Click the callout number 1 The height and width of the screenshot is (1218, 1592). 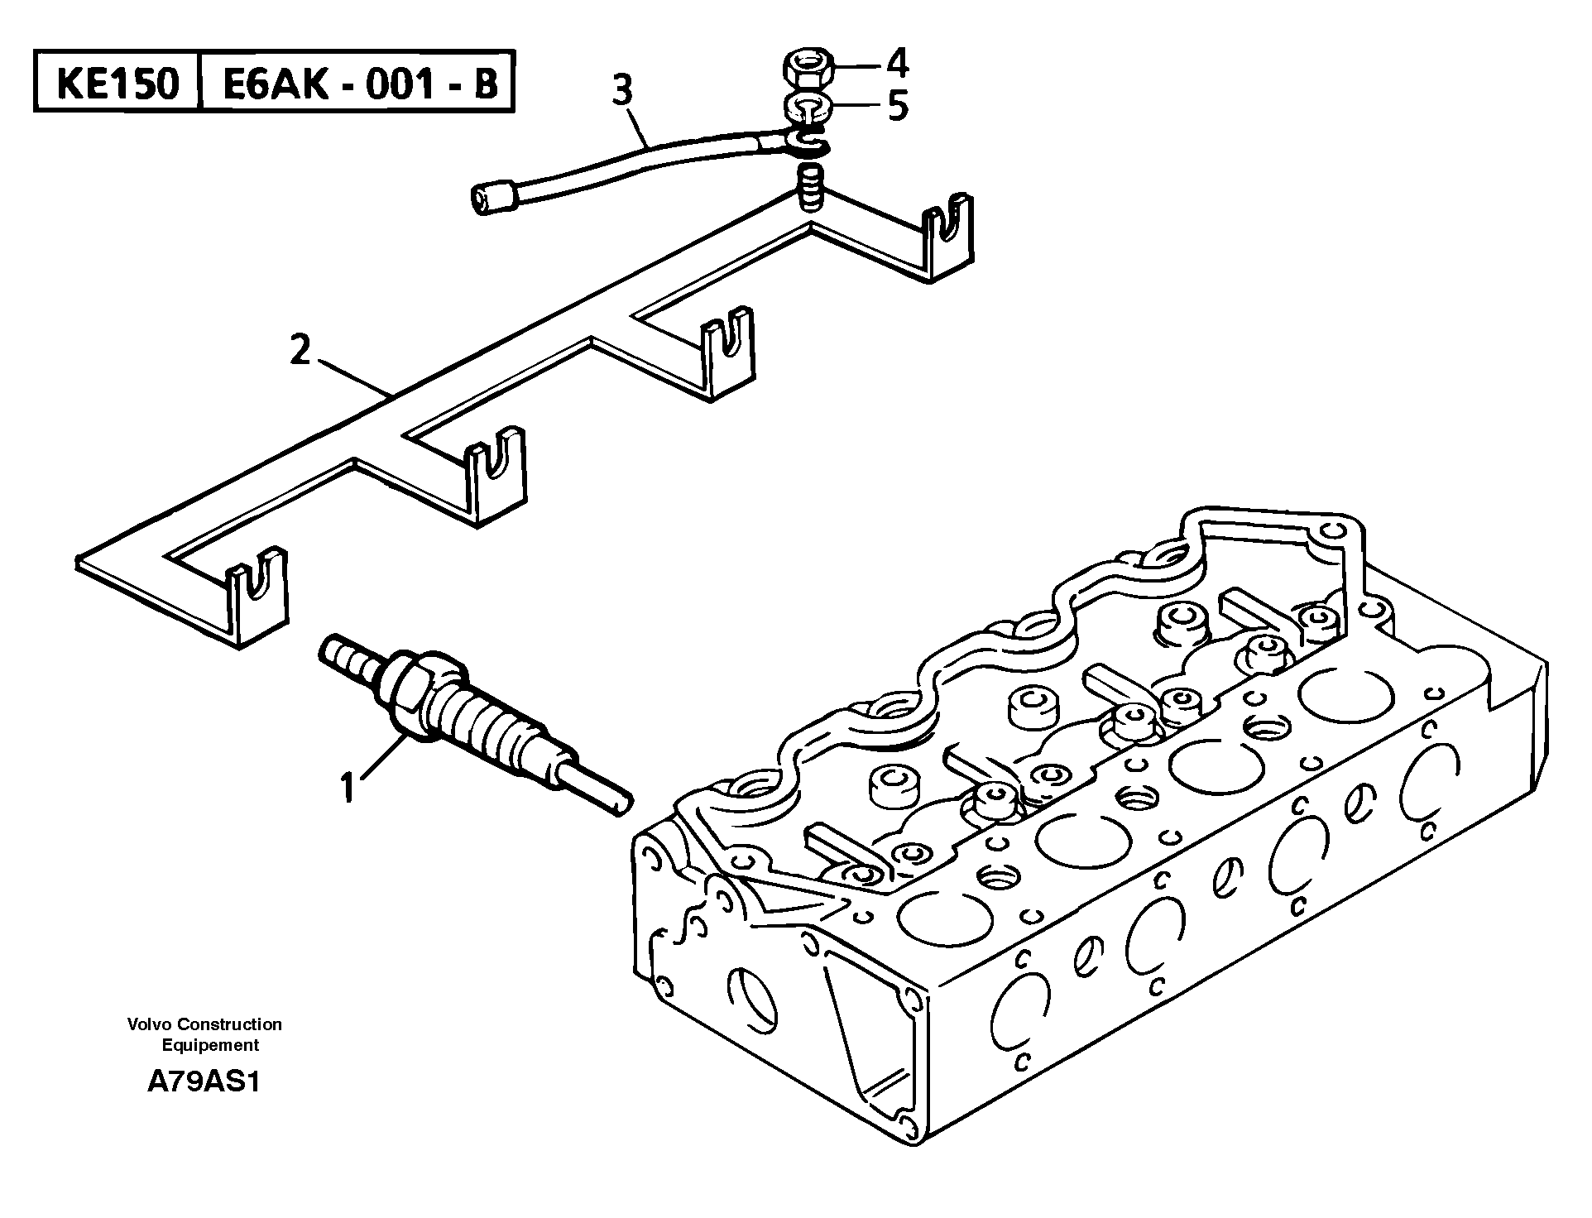(x=348, y=787)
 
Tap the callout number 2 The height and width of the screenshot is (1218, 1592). (x=300, y=351)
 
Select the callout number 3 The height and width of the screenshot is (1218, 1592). (x=622, y=90)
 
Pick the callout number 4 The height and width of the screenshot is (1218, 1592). (x=897, y=63)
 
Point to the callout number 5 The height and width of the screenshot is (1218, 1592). (x=898, y=107)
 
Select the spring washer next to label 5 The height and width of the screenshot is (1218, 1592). (x=803, y=108)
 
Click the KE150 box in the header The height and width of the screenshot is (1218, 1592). (x=117, y=84)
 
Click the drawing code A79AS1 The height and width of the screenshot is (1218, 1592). (x=203, y=1082)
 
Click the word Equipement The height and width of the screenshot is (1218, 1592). (x=210, y=1045)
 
